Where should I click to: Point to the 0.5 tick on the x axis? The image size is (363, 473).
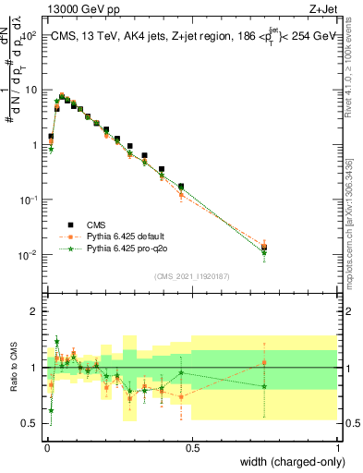[x=192, y=446]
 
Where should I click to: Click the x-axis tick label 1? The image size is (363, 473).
[x=338, y=446]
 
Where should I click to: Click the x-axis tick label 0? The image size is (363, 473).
[x=46, y=446]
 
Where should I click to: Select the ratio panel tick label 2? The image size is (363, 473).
[x=35, y=311]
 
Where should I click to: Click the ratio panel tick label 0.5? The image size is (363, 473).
[x=31, y=423]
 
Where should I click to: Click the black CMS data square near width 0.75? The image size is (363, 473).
[x=265, y=247]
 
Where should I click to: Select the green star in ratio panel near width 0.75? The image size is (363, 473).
[x=265, y=386]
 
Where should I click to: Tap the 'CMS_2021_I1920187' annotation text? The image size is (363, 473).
[x=192, y=276]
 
